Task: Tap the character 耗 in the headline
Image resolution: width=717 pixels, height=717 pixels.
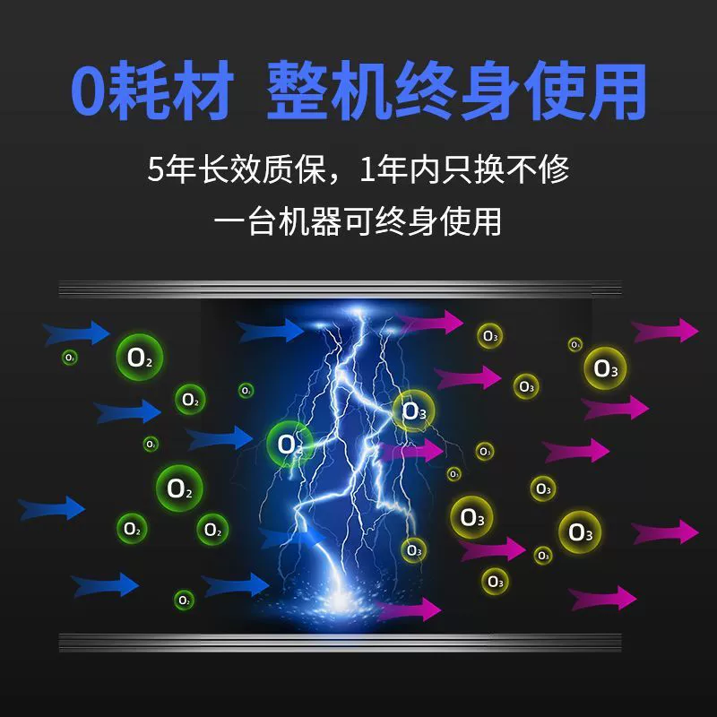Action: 137,91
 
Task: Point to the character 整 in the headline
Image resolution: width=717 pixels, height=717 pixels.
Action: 298,91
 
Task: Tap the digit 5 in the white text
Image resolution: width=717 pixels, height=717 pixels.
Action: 155,169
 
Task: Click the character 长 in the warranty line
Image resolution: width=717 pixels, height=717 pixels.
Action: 213,169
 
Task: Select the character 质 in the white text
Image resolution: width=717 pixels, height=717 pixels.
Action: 278,169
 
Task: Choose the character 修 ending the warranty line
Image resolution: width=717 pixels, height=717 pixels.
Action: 554,169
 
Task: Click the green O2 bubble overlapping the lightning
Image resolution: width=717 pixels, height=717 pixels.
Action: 289,444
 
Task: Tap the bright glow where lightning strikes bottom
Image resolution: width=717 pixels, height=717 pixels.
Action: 340,599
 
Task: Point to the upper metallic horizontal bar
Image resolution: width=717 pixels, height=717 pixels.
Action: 341,289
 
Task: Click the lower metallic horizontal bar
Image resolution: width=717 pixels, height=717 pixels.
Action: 341,642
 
